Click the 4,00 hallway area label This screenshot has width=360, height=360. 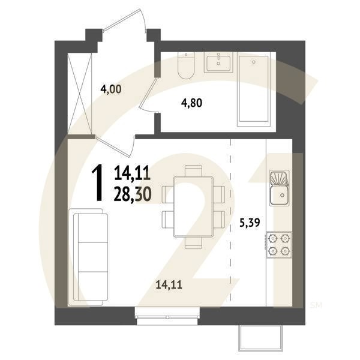[x=111, y=89]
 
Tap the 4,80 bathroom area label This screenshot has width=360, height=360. [x=192, y=103]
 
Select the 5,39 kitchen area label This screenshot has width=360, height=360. [x=250, y=223]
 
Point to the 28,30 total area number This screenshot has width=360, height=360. [x=133, y=194]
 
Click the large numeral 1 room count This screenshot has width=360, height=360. [x=97, y=184]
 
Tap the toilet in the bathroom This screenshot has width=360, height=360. [x=186, y=65]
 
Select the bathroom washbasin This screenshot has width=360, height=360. [x=218, y=62]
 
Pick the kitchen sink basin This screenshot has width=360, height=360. [x=279, y=188]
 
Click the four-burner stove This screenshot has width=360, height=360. [x=279, y=245]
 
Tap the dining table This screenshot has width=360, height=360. [x=193, y=206]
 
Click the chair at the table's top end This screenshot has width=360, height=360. [x=193, y=170]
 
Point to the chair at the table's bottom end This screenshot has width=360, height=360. [x=193, y=243]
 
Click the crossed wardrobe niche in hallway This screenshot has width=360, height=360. [x=80, y=94]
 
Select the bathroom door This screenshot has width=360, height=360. [x=148, y=95]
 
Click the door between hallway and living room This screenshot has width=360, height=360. [x=115, y=146]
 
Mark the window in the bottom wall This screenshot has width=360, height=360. [x=167, y=317]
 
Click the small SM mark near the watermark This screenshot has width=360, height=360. [x=316, y=305]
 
